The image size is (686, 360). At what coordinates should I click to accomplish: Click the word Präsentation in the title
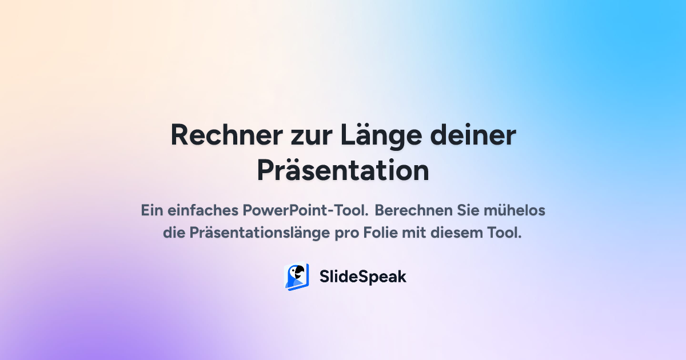343,171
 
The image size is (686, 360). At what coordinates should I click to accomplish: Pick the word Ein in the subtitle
153,210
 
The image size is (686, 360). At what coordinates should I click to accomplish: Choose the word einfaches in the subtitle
203,210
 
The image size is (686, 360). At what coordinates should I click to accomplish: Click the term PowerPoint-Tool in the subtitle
306,210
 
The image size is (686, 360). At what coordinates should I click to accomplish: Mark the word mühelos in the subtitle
516,210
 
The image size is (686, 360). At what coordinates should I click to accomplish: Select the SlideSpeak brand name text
362,277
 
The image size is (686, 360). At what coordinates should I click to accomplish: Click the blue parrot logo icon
297,277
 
